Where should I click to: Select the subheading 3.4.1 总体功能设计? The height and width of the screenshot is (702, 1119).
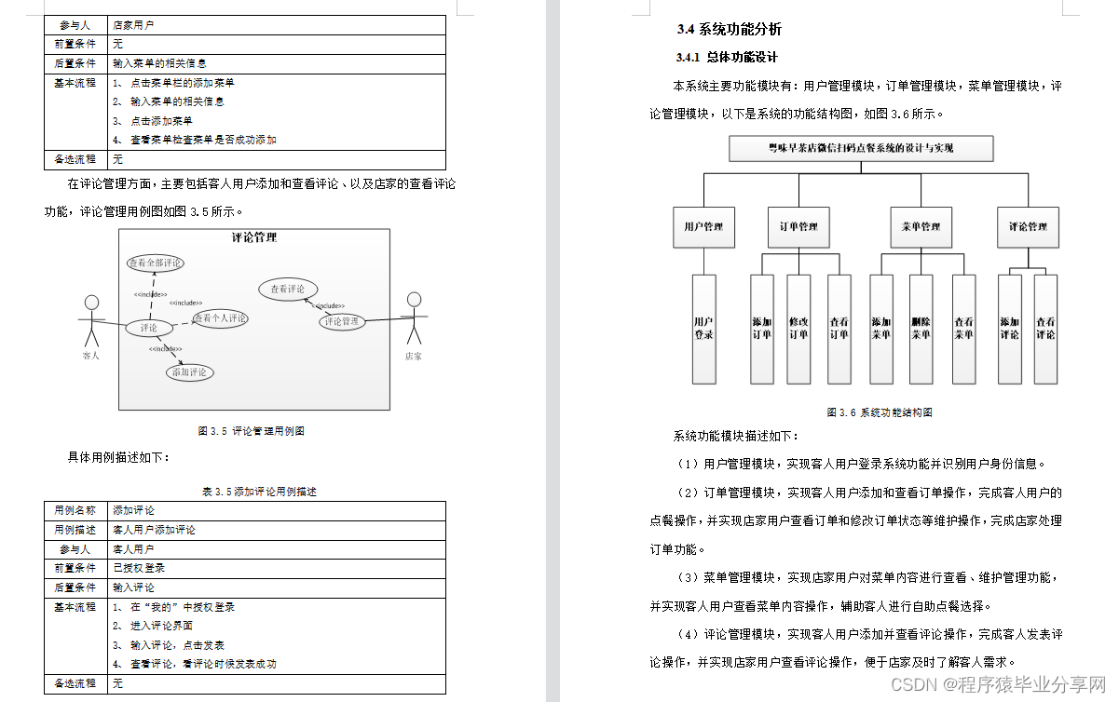coord(727,58)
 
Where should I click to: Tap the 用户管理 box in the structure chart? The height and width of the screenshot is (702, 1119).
coord(703,226)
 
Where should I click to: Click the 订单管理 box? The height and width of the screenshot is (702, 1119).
coord(798,226)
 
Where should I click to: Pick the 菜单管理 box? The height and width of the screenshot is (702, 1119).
coord(921,226)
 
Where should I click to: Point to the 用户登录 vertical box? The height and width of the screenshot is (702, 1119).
coord(703,328)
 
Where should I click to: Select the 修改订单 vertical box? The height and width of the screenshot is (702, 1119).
coord(798,328)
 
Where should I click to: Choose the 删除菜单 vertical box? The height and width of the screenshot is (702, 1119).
coord(921,328)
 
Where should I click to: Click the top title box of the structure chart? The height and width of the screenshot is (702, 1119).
coord(861,148)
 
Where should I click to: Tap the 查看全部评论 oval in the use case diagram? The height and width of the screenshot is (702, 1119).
coord(156,263)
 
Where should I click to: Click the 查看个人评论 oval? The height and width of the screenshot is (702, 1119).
coord(221,318)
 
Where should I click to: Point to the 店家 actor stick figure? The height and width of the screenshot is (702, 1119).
coord(414,321)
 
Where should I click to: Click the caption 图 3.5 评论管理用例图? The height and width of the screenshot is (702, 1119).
coord(252,431)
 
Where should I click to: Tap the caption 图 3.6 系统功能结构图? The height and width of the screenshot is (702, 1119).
coord(880,412)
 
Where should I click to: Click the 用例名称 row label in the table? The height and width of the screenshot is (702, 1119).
coord(75,510)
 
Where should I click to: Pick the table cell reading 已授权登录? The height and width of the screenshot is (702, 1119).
coord(139,568)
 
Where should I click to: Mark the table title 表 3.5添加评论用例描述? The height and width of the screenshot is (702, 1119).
coord(252,491)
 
